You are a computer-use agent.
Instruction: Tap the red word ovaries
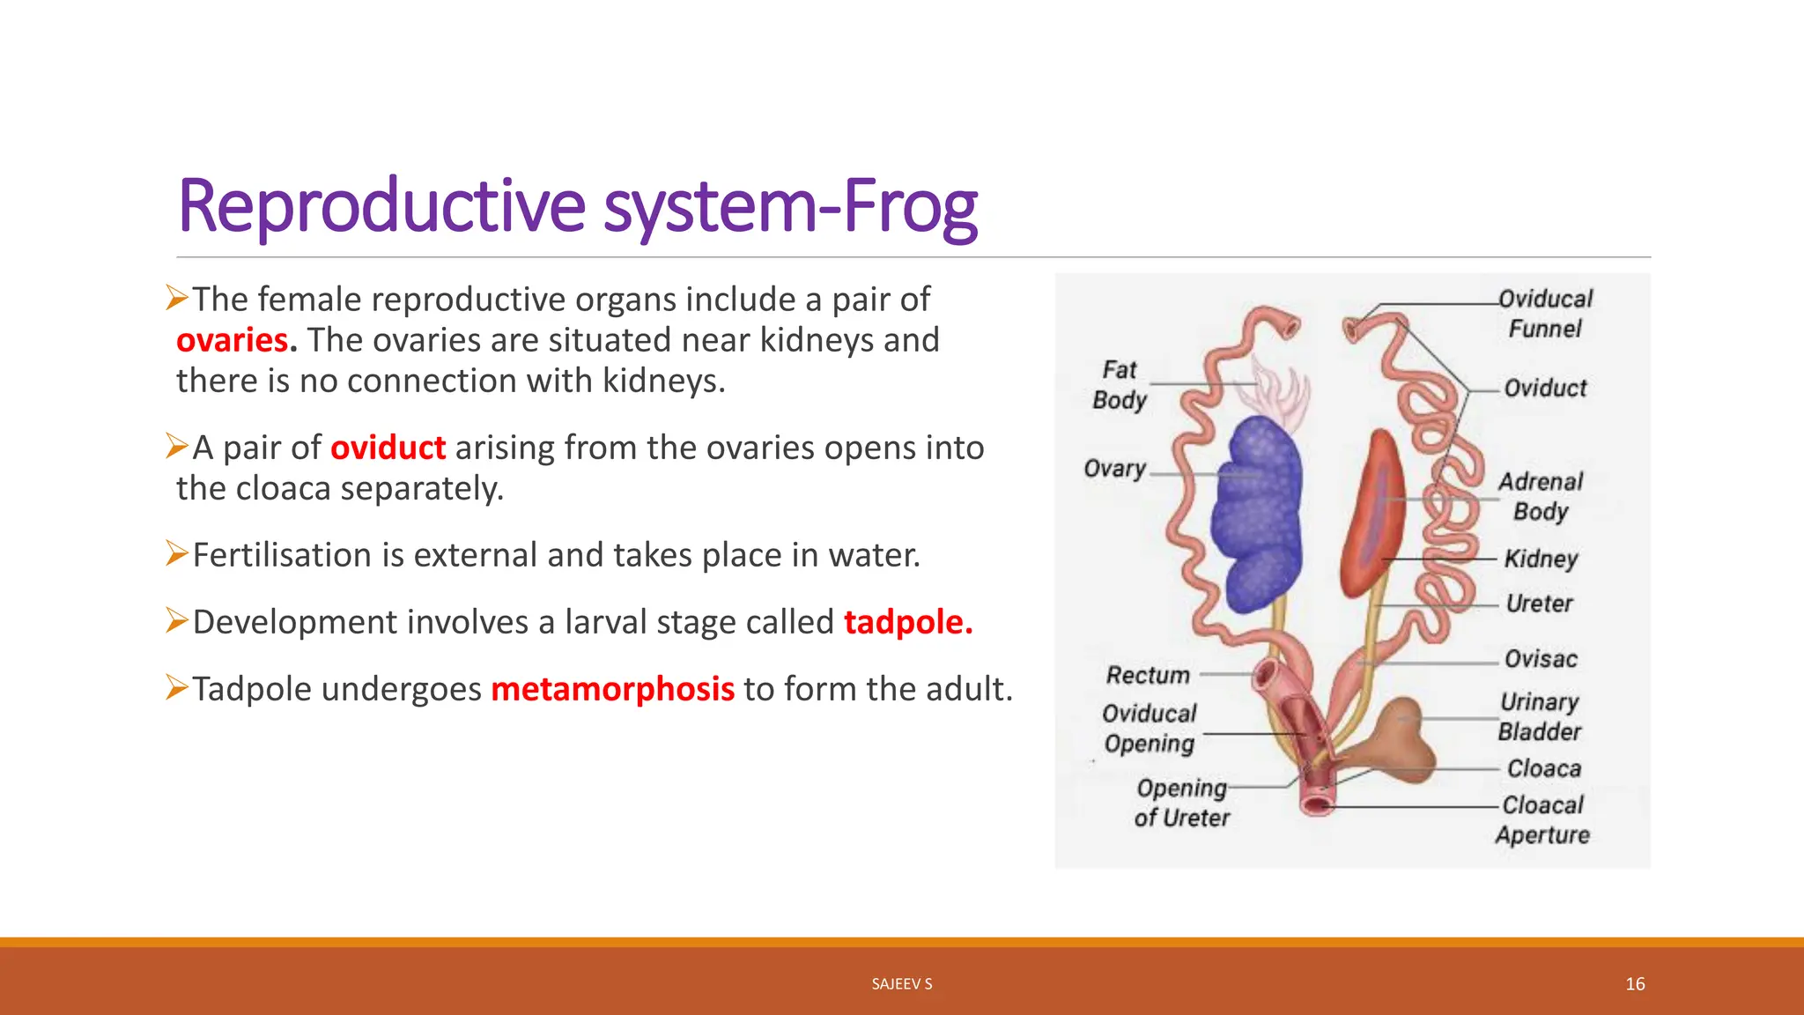(x=233, y=340)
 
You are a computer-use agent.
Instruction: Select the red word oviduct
(x=388, y=448)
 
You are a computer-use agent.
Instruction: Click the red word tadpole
(x=907, y=622)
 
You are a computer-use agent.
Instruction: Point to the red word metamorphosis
(x=612, y=689)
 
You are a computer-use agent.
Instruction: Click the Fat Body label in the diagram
(x=1120, y=384)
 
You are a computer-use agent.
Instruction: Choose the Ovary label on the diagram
(x=1114, y=469)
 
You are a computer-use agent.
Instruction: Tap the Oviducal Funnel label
(x=1546, y=314)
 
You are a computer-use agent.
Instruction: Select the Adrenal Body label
(x=1541, y=496)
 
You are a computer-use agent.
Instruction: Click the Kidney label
(x=1541, y=559)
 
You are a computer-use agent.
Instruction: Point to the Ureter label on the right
(x=1539, y=604)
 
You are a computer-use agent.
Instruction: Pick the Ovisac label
(x=1541, y=659)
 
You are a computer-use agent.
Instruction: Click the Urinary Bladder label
(x=1540, y=716)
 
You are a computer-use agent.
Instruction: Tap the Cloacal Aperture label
(x=1542, y=819)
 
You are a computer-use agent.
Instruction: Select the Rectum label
(x=1148, y=675)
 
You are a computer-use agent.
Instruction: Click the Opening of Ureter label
(x=1181, y=803)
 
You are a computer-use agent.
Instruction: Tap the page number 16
(x=1635, y=984)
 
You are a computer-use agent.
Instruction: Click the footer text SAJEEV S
(x=902, y=984)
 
